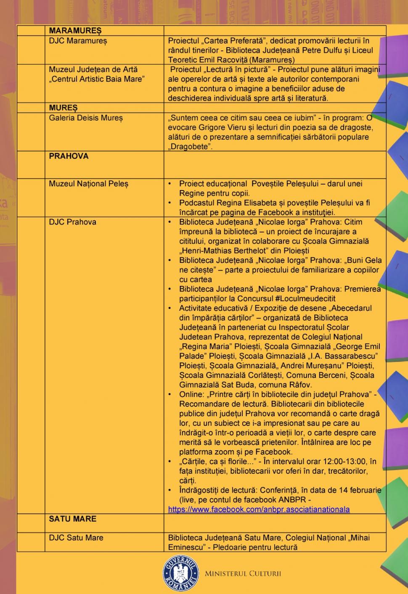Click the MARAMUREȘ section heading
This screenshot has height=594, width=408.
pos(75,31)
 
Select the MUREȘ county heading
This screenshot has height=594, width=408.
pos(63,108)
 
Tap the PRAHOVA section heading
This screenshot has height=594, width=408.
pos(69,156)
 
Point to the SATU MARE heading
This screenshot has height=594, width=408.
pos(72,519)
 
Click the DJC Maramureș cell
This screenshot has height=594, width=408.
pos(78,41)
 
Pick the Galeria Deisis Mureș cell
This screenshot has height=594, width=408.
pos(86,118)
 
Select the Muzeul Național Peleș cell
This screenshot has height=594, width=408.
pos(88,184)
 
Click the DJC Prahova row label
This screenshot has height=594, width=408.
pos(72,222)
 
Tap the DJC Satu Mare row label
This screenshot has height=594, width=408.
pos(76,538)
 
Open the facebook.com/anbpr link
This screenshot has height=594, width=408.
pos(259,510)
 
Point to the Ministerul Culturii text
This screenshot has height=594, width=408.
pos(243,574)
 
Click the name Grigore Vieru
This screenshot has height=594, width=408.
pos(220,127)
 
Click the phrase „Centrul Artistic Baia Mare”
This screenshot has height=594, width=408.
pos(96,79)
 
